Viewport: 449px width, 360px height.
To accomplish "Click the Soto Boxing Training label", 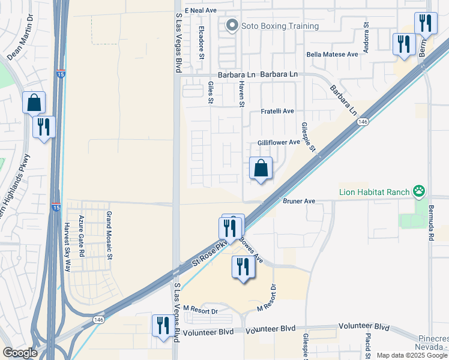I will (280, 26).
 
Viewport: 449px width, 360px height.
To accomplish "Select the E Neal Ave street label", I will (200, 11).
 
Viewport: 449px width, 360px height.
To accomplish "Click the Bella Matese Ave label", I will (332, 54).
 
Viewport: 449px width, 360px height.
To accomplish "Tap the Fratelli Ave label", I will (277, 112).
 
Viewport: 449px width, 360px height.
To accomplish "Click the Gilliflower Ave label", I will (278, 142).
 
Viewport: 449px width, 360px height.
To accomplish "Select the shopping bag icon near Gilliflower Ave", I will (261, 169).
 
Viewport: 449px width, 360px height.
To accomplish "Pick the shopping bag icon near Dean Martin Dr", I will (34, 103).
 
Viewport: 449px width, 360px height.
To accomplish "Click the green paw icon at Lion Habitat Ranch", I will (419, 192).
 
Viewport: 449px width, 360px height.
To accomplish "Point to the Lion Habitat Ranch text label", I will (375, 192).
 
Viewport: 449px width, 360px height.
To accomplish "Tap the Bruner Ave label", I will (299, 202).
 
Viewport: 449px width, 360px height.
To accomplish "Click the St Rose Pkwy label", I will (211, 253).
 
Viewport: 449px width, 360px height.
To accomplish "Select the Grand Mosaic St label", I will (110, 227).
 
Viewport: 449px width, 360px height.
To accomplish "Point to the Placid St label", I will (367, 346).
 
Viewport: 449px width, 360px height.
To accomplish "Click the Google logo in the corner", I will (20, 353).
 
